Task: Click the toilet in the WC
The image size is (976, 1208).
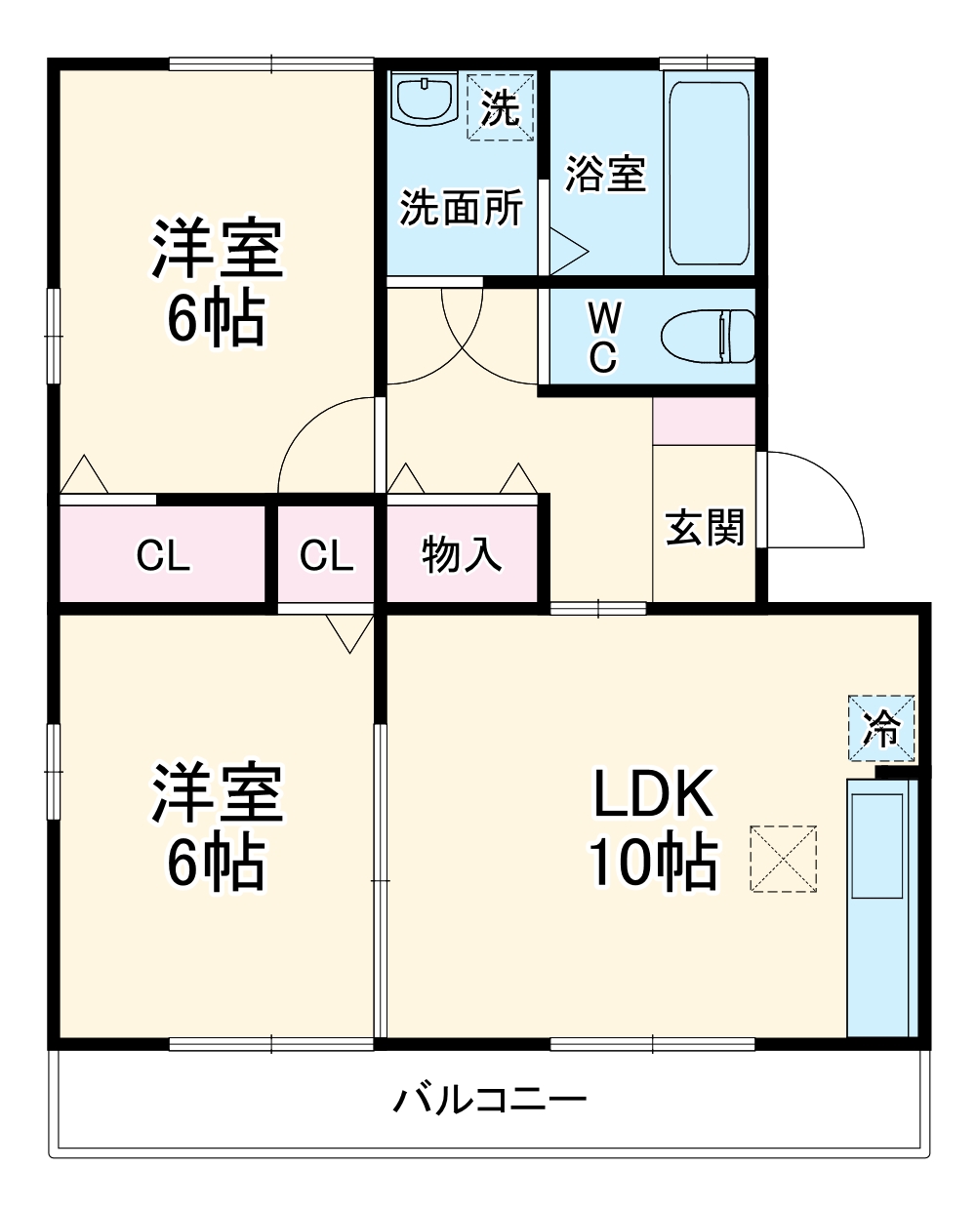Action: click(x=708, y=337)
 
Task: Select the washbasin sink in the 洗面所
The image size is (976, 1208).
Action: click(x=425, y=100)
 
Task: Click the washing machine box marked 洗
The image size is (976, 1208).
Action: click(x=501, y=106)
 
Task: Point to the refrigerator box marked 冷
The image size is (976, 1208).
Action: click(x=881, y=728)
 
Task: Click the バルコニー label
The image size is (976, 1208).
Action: click(x=490, y=1101)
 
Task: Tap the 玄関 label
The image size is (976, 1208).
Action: click(x=705, y=527)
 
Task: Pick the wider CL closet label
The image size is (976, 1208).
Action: click(x=163, y=555)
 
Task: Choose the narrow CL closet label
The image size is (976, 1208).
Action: click(x=326, y=555)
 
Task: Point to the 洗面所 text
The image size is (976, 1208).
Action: click(x=462, y=207)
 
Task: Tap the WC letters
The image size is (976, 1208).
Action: click(x=603, y=337)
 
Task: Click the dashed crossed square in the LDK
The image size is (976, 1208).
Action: click(x=783, y=859)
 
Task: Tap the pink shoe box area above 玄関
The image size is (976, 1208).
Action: click(x=704, y=422)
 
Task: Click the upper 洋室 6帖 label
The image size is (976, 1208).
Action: click(x=217, y=283)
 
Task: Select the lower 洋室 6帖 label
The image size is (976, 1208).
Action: click(x=217, y=827)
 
